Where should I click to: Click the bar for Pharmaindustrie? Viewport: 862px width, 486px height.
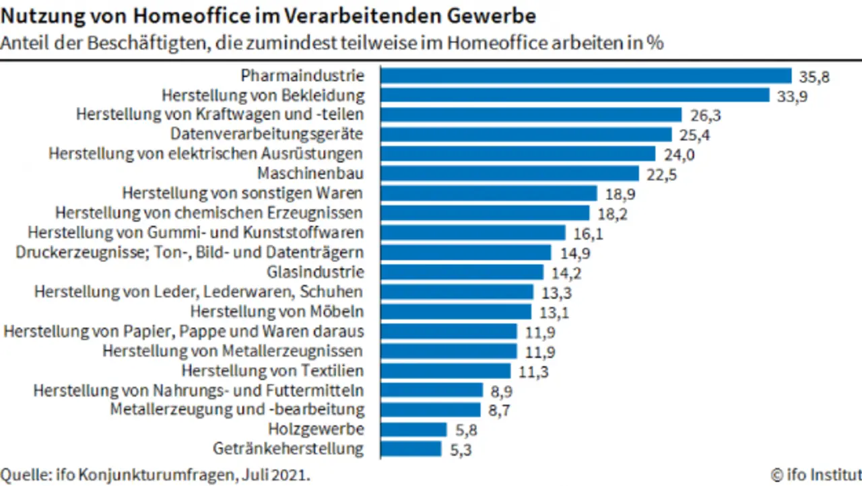tap(586, 75)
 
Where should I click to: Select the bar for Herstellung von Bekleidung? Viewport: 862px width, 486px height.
tap(574, 95)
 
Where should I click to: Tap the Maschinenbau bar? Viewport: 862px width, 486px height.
tap(509, 174)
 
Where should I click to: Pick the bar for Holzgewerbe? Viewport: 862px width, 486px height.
tap(413, 429)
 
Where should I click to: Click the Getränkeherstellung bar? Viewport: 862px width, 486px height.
tap(411, 448)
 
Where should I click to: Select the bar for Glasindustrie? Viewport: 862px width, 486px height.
tap(462, 272)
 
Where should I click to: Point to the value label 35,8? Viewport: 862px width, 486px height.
tap(814, 76)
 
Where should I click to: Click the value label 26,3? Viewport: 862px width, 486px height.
tap(705, 115)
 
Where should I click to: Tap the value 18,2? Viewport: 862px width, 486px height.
tap(612, 213)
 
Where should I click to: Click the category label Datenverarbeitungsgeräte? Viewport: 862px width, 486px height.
tap(267, 134)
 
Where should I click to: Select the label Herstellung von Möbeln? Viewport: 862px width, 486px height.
tap(277, 312)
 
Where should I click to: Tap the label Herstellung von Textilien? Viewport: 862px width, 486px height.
tap(273, 370)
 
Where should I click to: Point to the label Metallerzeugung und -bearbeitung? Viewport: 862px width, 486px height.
tap(237, 409)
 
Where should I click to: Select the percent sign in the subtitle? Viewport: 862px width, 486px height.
tap(654, 42)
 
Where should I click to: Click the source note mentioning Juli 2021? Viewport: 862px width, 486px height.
tap(156, 473)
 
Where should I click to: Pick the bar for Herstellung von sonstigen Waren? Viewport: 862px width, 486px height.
tap(489, 193)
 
